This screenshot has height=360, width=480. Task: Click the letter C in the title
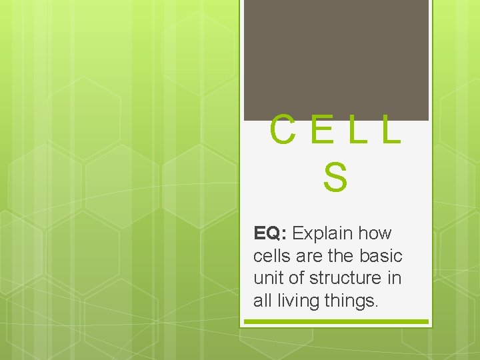283,131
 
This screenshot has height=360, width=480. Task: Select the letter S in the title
335,177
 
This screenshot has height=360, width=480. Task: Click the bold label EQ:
270,233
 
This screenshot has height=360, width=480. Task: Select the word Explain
323,233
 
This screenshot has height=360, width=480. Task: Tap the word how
375,233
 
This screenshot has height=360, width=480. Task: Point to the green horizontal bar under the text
335,321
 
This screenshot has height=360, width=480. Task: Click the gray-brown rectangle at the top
336,60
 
